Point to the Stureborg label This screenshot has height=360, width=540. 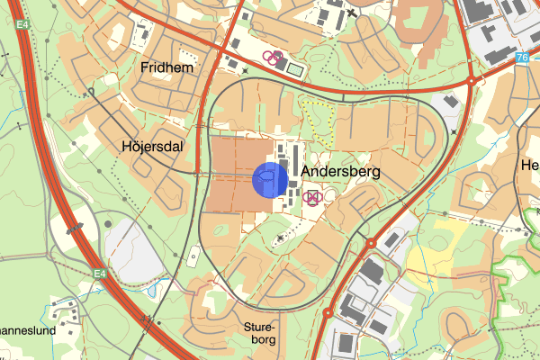pyautogui.click(x=264, y=335)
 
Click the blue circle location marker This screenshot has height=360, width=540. pyautogui.click(x=270, y=179)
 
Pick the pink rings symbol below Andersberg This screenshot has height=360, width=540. pyautogui.click(x=312, y=197)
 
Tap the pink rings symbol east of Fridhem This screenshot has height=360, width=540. pyautogui.click(x=273, y=58)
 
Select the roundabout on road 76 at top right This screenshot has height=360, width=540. pyautogui.click(x=470, y=81)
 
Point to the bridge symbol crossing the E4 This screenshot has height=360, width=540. pyautogui.click(x=76, y=227)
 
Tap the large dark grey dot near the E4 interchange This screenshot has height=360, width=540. pyautogui.click(x=108, y=224)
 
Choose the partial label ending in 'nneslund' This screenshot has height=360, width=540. pyautogui.click(x=27, y=330)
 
